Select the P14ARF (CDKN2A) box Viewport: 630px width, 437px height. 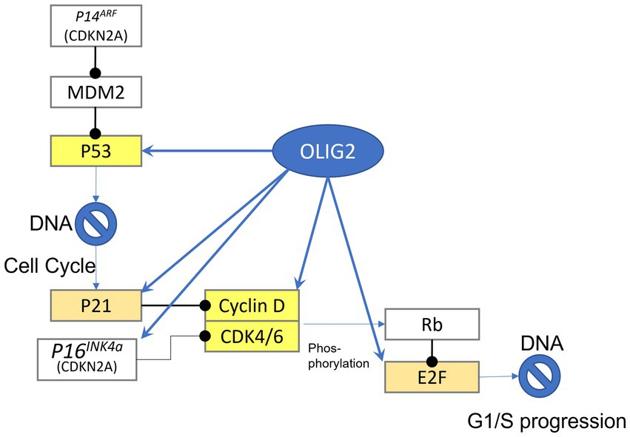[95, 27]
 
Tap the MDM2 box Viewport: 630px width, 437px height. [95, 94]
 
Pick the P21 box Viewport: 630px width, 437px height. [95, 305]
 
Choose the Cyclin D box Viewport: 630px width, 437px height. [252, 305]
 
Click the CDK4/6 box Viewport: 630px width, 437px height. [252, 337]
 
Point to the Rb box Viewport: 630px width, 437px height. [432, 325]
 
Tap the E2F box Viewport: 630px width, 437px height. [432, 376]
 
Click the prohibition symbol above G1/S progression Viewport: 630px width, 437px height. [544, 376]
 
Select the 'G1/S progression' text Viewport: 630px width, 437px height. [546, 421]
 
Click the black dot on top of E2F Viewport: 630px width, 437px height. [432, 360]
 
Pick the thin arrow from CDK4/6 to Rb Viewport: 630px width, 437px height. [348, 324]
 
